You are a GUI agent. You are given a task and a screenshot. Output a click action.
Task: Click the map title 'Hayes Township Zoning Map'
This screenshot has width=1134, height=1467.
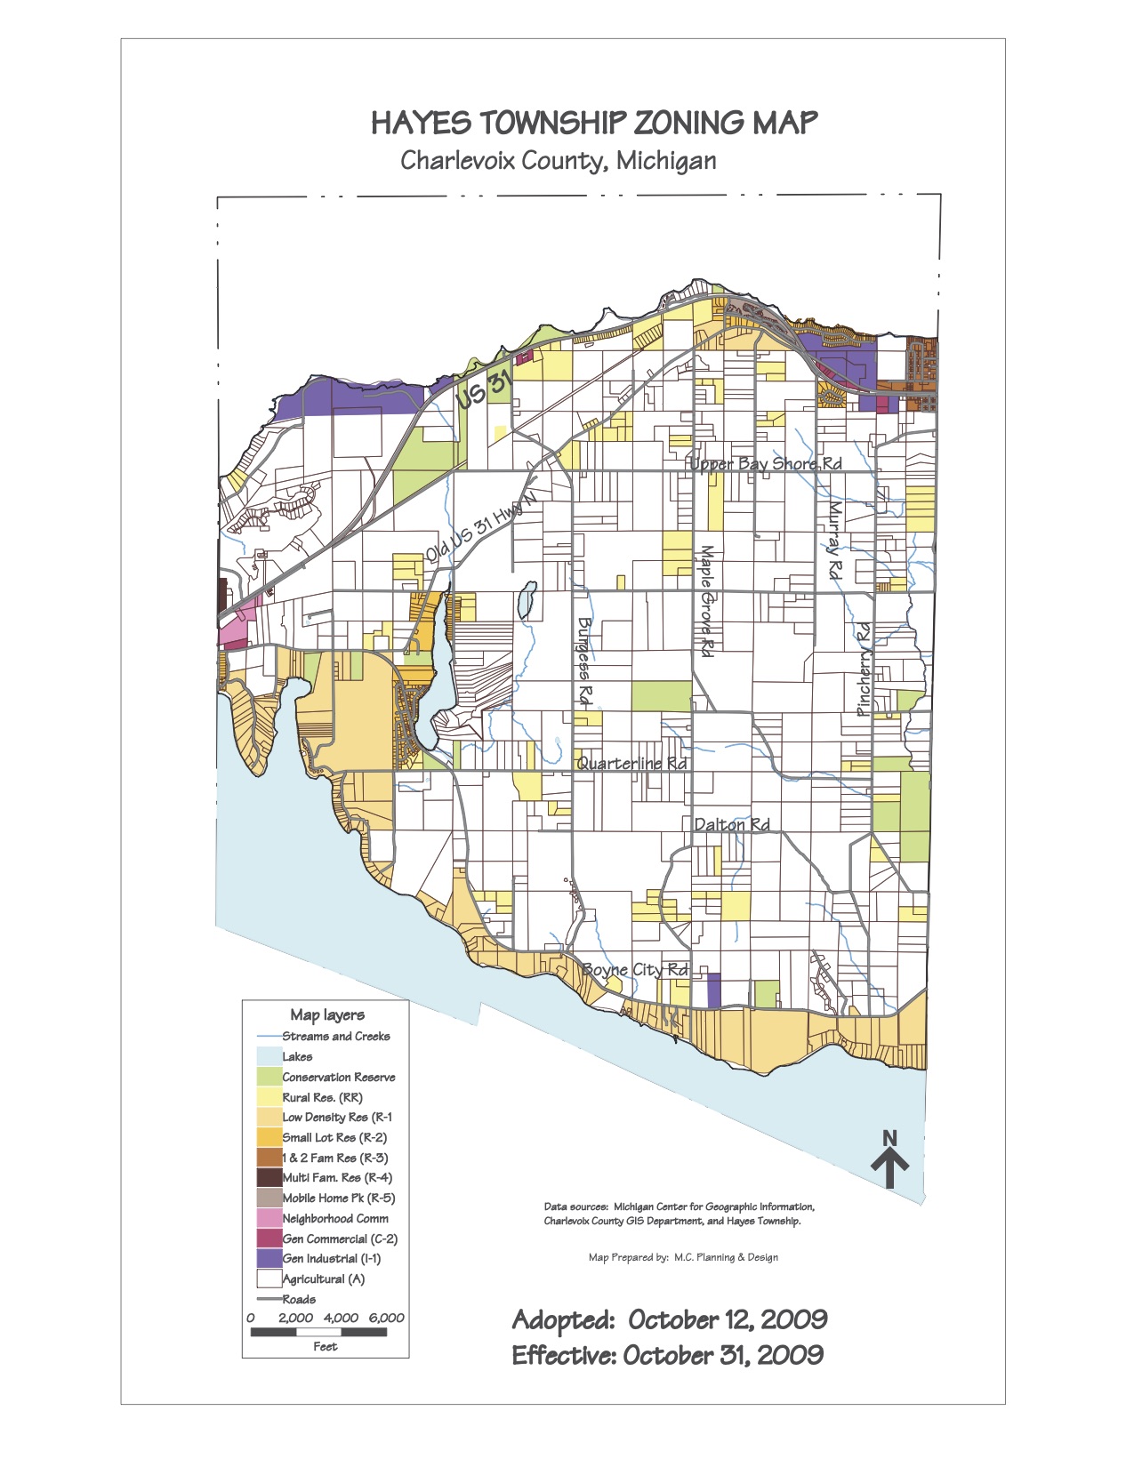pos(593,123)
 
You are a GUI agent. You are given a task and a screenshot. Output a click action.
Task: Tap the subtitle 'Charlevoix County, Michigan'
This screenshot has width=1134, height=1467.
pos(558,161)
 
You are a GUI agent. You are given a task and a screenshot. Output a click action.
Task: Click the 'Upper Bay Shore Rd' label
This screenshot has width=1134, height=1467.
pos(766,464)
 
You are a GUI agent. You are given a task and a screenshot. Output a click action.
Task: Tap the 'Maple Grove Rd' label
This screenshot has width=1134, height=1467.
pos(707,601)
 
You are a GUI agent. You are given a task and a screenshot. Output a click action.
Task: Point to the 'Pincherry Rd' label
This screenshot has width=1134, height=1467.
pos(864,669)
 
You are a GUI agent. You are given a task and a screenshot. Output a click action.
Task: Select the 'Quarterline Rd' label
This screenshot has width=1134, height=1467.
pos(631,764)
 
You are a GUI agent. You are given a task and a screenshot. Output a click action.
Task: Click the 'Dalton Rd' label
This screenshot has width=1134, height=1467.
pos(731,825)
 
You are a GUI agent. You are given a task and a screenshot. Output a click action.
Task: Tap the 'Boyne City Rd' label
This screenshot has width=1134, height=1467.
pos(635,970)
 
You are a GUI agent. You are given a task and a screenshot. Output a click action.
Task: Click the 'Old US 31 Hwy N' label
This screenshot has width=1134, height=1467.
pos(481,526)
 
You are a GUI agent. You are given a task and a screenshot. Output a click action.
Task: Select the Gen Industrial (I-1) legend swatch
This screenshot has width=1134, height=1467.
pos(269,1259)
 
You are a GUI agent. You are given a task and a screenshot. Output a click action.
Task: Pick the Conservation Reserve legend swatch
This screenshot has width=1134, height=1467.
pos(269,1077)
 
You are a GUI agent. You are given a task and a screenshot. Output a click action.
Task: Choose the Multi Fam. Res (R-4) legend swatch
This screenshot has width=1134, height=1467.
pos(269,1178)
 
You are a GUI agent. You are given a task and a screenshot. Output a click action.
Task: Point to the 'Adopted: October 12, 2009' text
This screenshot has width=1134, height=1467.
pos(669,1320)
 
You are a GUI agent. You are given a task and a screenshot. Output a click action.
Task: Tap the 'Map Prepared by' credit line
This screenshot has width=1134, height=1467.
pos(683,1257)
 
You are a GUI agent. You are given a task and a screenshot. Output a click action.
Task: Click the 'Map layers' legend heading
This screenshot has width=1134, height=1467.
pos(326,1015)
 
